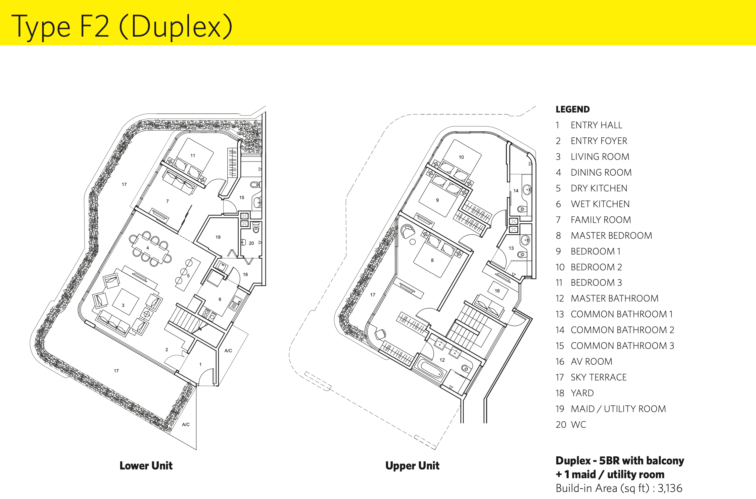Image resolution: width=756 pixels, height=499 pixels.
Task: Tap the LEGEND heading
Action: pyautogui.click(x=572, y=109)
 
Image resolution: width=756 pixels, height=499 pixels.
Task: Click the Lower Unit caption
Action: pyautogui.click(x=146, y=466)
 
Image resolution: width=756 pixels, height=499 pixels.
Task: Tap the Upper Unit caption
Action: pyautogui.click(x=412, y=466)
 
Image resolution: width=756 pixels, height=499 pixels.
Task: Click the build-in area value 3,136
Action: pyautogui.click(x=670, y=488)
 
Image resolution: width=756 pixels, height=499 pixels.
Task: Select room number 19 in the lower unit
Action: pyautogui.click(x=218, y=237)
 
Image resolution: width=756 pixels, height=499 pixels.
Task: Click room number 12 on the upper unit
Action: pyautogui.click(x=442, y=360)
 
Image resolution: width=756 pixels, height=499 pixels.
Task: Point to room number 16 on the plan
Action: pyautogui.click(x=497, y=291)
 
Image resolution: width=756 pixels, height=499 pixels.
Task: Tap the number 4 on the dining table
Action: pyautogui.click(x=147, y=248)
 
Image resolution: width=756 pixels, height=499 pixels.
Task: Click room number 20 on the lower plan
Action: pyautogui.click(x=251, y=243)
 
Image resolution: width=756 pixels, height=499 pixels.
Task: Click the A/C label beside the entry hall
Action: pyautogui.click(x=228, y=351)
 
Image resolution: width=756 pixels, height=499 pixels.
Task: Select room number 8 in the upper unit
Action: pyautogui.click(x=432, y=260)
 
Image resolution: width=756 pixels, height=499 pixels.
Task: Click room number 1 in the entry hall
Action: pyautogui.click(x=200, y=364)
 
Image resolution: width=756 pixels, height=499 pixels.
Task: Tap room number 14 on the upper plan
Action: pyautogui.click(x=516, y=191)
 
